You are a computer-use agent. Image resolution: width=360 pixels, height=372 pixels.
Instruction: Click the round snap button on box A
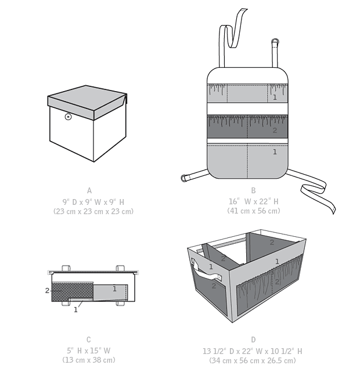coord(68,117)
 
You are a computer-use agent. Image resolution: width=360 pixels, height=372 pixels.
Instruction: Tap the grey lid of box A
coord(87,102)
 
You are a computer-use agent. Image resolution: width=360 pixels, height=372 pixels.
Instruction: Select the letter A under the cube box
coord(89,190)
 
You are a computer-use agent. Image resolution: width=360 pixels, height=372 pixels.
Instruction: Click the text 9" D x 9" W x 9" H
coord(93,202)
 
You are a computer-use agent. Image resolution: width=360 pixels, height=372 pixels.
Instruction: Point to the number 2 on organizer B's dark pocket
coord(275,130)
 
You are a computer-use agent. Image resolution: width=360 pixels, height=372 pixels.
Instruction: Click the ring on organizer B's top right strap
coord(275,42)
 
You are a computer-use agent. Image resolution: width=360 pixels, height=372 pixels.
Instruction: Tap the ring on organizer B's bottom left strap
coord(183,178)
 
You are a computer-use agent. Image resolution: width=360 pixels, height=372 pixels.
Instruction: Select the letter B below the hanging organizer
coord(253,190)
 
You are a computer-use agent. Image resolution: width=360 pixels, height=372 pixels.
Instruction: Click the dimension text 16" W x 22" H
coord(253,201)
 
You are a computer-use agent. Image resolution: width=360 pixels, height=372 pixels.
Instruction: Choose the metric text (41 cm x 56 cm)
coord(253,211)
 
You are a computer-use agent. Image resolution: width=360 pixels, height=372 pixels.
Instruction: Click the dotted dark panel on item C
coord(72,292)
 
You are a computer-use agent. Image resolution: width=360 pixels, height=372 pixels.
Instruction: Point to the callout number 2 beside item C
coord(47,290)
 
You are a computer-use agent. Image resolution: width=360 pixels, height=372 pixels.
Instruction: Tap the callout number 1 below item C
coord(75,310)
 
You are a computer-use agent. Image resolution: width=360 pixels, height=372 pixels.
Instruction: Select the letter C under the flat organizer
coord(88,340)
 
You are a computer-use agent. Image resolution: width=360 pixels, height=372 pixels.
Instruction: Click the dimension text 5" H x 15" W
coord(88,351)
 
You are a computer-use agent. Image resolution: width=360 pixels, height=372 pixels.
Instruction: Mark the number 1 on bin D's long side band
coord(277,261)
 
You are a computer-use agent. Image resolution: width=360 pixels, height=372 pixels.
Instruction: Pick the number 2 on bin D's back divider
coord(272,242)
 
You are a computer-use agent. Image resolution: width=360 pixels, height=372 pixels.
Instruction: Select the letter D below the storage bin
coord(253,340)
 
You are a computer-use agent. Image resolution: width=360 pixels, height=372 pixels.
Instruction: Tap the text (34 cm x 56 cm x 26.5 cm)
coord(253,360)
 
